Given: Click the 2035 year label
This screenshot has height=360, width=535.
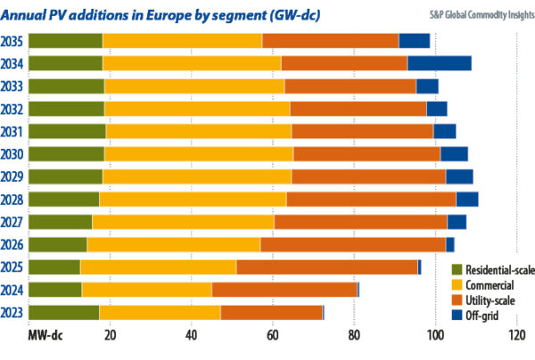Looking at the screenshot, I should pos(13,41).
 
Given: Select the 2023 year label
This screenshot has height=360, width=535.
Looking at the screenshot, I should pos(13,313).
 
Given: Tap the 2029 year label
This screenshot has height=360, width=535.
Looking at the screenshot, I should pos(13,176).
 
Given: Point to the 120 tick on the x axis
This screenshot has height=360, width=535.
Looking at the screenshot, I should pos(516,335).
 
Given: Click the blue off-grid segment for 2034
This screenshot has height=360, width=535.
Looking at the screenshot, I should pos(440,63).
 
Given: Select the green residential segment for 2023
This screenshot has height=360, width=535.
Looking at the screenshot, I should pos(63,313).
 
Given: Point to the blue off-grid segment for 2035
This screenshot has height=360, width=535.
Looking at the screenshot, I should pos(415,41).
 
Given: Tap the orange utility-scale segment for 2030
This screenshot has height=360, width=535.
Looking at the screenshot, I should pos(367,153).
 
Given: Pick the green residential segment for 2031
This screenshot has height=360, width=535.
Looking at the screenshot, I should pos(67,131).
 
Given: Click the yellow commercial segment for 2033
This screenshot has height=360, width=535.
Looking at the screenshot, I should pos(193,86).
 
